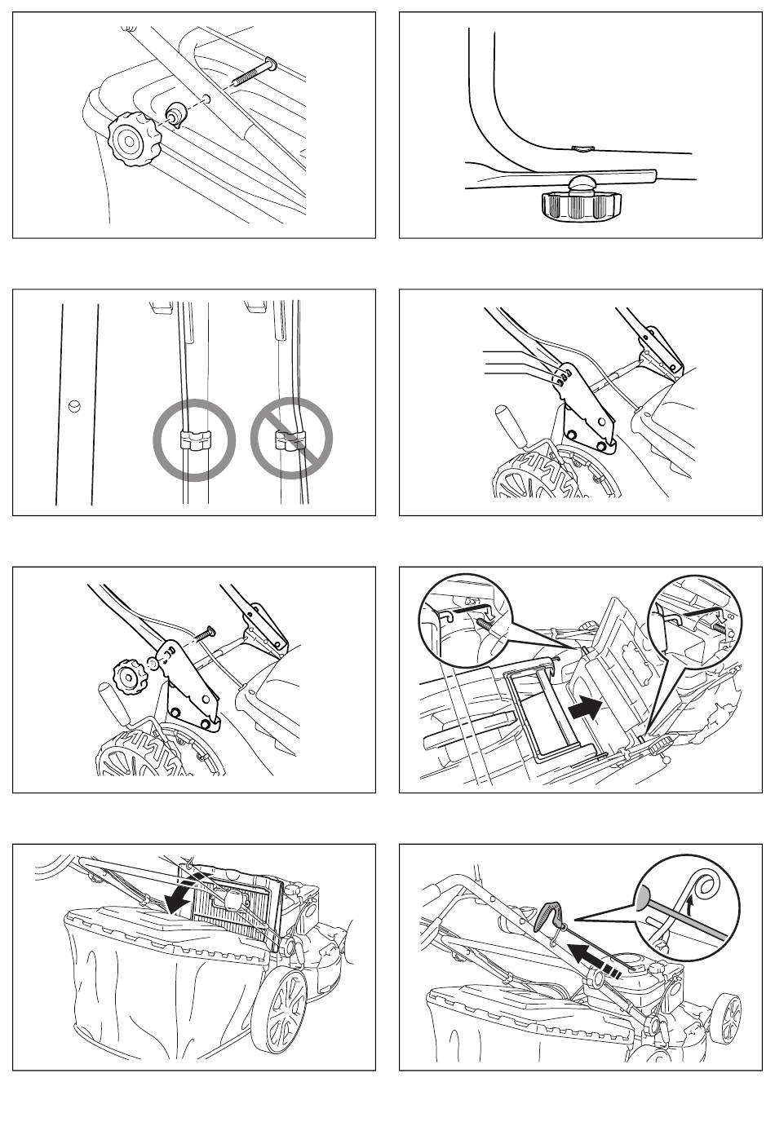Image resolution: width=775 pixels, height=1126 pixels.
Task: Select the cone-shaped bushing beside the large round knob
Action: [175, 113]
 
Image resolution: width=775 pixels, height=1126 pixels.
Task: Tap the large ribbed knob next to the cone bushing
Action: [128, 141]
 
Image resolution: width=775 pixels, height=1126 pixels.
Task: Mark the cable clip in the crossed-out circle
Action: [290, 441]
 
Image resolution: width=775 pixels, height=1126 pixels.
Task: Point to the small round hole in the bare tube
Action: [74, 404]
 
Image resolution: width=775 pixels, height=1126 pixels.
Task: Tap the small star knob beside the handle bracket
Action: [130, 676]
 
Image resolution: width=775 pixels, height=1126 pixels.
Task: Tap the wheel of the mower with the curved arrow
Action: [279, 1011]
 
